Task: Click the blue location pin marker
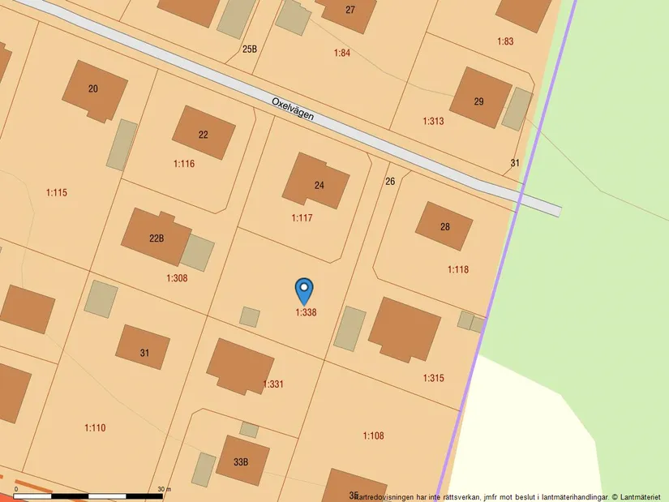[x=304, y=290]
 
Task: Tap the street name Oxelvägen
[x=293, y=110]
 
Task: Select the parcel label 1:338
[x=306, y=312]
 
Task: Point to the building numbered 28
[x=444, y=225]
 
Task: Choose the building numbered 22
[x=204, y=133]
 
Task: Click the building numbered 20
[x=94, y=90]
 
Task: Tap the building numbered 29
[x=480, y=99]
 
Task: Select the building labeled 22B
[x=157, y=237]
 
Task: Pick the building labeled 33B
[x=242, y=461]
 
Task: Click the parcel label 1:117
[x=302, y=218]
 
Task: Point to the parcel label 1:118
[x=458, y=269]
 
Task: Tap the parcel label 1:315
[x=433, y=378]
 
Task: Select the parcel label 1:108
[x=373, y=436]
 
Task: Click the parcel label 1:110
[x=95, y=427]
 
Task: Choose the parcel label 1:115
[x=57, y=192]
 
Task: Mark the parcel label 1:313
[x=433, y=121]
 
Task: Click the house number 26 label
[x=390, y=181]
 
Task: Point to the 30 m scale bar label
[x=165, y=489]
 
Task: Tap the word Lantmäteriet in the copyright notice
[x=642, y=496]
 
